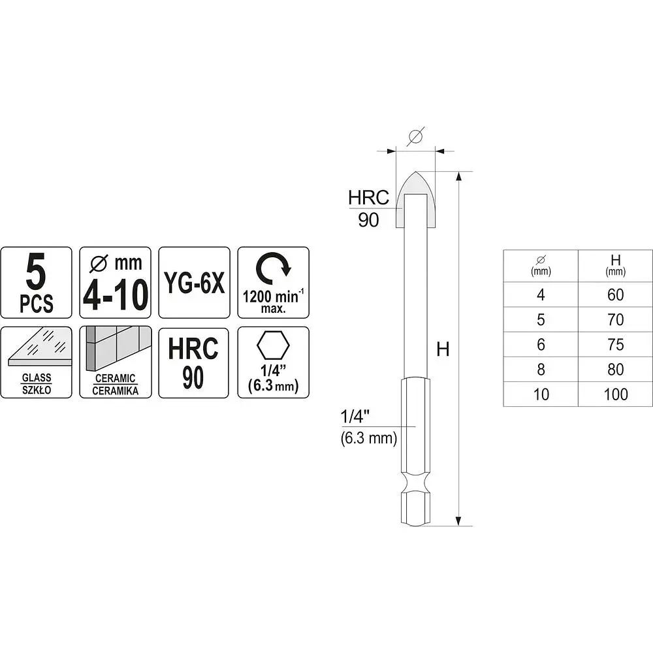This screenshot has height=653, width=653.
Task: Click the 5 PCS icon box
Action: click(36, 282)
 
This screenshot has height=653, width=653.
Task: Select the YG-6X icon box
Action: click(194, 282)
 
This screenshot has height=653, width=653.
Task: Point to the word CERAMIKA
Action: click(116, 390)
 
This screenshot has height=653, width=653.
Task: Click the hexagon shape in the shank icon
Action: click(273, 345)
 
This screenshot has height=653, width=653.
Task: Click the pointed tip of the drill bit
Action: click(415, 172)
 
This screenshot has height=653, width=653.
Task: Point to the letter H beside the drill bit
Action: click(443, 349)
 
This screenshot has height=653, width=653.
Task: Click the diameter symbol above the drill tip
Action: click(415, 136)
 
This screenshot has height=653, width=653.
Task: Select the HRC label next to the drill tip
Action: click(368, 197)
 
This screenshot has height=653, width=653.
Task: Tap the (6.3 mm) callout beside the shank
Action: click(369, 438)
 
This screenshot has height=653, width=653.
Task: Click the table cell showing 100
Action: click(616, 394)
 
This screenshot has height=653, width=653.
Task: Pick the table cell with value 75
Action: click(616, 344)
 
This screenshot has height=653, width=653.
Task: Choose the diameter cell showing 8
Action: click(541, 370)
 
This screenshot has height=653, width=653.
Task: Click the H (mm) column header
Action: click(616, 266)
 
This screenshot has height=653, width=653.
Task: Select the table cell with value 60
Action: click(616, 295)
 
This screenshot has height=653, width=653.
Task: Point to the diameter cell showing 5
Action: click(541, 320)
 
